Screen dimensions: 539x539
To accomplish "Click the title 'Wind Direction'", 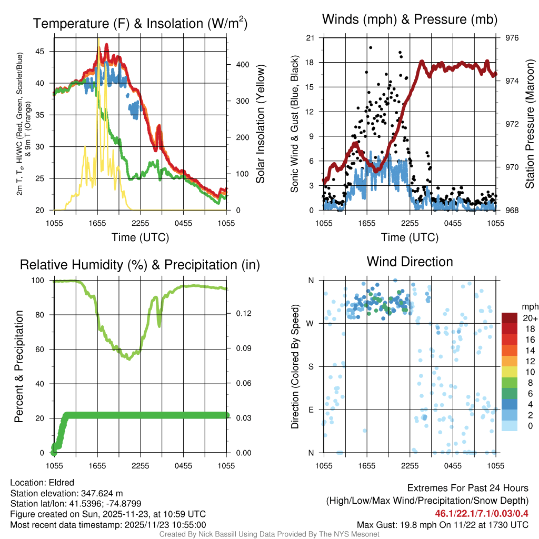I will coord(410,262).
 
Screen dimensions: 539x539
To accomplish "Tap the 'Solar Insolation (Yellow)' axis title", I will coord(260,124).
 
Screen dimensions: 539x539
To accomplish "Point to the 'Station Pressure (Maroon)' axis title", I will coord(530,124).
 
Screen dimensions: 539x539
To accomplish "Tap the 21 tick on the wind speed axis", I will coord(310,38).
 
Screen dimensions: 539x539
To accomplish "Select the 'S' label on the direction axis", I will coord(311,366).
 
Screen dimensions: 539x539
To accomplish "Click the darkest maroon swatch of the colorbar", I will coord(509,318).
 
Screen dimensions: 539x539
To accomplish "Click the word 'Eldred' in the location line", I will coord(62,483).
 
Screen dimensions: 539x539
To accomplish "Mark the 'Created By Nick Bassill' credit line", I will coord(269,534).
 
